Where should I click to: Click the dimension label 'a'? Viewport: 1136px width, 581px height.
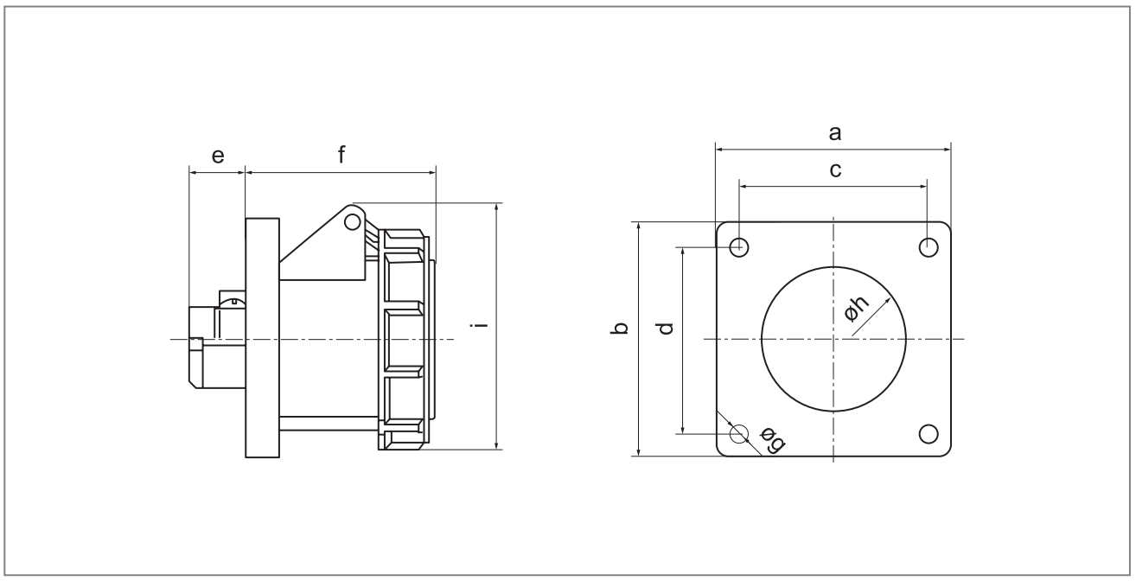coord(835,133)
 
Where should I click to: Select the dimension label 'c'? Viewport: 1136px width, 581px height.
coord(835,169)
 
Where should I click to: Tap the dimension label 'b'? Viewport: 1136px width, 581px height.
coord(619,328)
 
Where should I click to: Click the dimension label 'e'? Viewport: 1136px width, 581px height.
coord(218,156)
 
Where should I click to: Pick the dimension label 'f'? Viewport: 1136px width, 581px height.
coord(341,155)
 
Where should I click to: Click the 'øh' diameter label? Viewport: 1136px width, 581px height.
coord(857,308)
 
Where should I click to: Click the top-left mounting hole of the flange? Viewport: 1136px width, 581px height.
coord(739,247)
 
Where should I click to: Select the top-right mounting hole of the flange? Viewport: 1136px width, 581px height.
coord(929,247)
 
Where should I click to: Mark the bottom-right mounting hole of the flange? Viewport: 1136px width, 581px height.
coord(929,434)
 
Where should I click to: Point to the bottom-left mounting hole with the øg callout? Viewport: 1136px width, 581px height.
coord(739,434)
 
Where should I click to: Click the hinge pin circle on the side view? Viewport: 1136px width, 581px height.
coord(353,222)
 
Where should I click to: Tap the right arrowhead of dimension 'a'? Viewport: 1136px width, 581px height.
coord(946,150)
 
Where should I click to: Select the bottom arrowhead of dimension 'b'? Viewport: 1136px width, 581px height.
coord(639,450)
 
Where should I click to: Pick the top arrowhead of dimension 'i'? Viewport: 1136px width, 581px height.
coord(496,208)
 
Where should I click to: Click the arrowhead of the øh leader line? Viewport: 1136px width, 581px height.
coord(888,301)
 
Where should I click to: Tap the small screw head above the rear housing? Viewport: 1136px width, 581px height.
coord(233,303)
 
